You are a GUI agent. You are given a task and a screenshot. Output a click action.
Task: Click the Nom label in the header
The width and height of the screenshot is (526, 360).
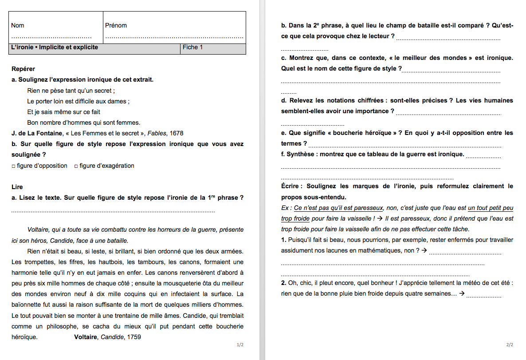(18, 26)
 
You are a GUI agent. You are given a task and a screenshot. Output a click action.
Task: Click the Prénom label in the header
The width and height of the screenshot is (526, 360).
(116, 26)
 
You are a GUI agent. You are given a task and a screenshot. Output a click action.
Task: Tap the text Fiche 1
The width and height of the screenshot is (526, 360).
(193, 47)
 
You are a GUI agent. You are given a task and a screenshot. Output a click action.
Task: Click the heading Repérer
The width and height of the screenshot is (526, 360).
(23, 69)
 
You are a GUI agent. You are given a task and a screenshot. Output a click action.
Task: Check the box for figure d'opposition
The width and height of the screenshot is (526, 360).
(14, 166)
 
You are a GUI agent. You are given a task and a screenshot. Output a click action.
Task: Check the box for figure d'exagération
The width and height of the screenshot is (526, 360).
(76, 166)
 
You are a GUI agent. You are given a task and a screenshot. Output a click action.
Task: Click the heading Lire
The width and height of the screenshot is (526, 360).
(17, 187)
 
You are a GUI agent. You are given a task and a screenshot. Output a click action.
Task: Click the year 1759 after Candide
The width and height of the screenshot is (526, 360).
(134, 337)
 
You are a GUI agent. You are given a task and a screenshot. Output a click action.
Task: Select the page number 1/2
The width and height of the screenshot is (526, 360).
(240, 345)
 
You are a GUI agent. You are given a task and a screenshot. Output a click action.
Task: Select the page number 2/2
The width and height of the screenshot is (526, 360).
(509, 345)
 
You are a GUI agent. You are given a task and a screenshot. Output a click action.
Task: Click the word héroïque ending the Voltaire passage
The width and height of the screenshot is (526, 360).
(24, 337)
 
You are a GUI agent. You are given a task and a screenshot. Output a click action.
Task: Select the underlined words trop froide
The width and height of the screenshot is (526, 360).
(295, 218)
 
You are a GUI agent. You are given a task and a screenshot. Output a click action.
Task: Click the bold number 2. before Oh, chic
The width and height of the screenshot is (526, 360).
(284, 283)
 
